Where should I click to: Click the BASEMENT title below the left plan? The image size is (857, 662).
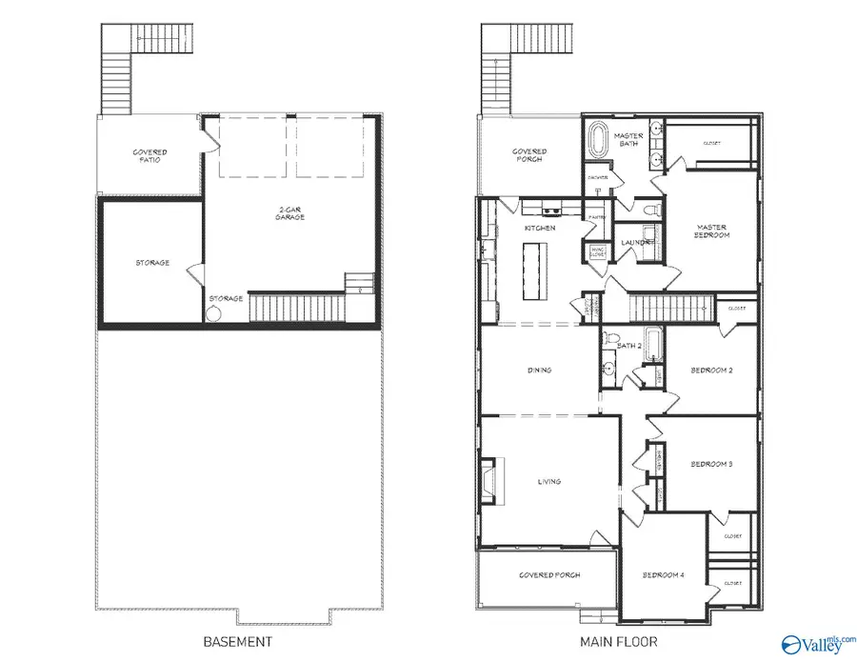(x=238, y=641)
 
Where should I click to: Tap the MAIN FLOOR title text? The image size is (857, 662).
(x=618, y=641)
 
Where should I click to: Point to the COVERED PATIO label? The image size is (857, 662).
(x=149, y=155)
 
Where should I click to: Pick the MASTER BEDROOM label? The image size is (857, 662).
(x=712, y=230)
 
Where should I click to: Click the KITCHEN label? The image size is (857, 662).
(x=540, y=229)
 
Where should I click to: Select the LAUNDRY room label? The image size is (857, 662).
(x=636, y=243)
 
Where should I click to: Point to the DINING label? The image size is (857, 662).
(x=540, y=371)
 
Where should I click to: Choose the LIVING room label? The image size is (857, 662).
(x=548, y=481)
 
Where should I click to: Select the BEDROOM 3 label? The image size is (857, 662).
(x=710, y=464)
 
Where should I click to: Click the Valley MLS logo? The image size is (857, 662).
(x=816, y=644)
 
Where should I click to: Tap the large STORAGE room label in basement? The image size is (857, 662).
(x=152, y=262)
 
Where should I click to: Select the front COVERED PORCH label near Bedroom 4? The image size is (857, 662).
(x=549, y=575)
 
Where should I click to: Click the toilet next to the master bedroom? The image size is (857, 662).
(x=650, y=209)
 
